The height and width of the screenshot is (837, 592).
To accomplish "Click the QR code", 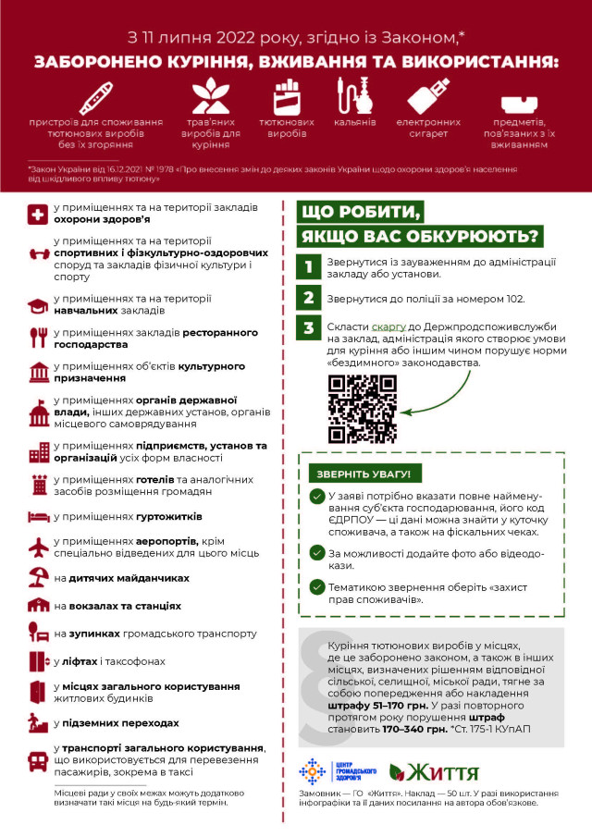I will (x=357, y=410).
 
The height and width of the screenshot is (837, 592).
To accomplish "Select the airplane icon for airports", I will (x=39, y=548).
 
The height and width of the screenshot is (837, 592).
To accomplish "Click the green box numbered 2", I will (x=309, y=298).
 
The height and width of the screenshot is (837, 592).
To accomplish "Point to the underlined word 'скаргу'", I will (x=388, y=326).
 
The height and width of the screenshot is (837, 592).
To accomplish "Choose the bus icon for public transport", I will (x=39, y=760).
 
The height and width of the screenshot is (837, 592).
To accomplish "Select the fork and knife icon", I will (x=39, y=337).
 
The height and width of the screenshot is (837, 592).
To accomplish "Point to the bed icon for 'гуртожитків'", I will (x=39, y=516).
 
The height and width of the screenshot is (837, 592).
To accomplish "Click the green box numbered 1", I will (x=309, y=267).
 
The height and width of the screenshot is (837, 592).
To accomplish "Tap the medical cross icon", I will (x=39, y=215).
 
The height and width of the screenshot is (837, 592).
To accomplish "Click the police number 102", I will (x=514, y=299).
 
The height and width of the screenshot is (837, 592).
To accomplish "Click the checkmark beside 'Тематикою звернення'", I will (x=317, y=585).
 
